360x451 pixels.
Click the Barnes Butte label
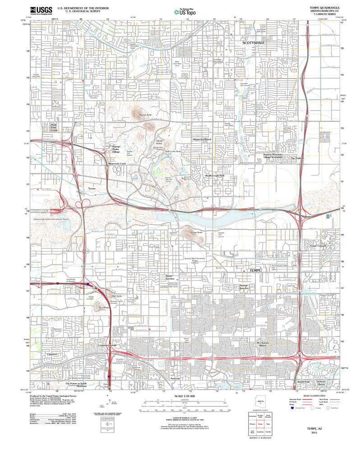click(146, 116)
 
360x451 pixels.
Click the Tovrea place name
click(92, 188)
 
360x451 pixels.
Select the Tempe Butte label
click(197, 232)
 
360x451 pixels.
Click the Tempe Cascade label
click(318, 246)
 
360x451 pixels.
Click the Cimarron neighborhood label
click(52, 355)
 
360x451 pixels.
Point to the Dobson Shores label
click(321, 382)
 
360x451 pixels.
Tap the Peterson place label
click(176, 378)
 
